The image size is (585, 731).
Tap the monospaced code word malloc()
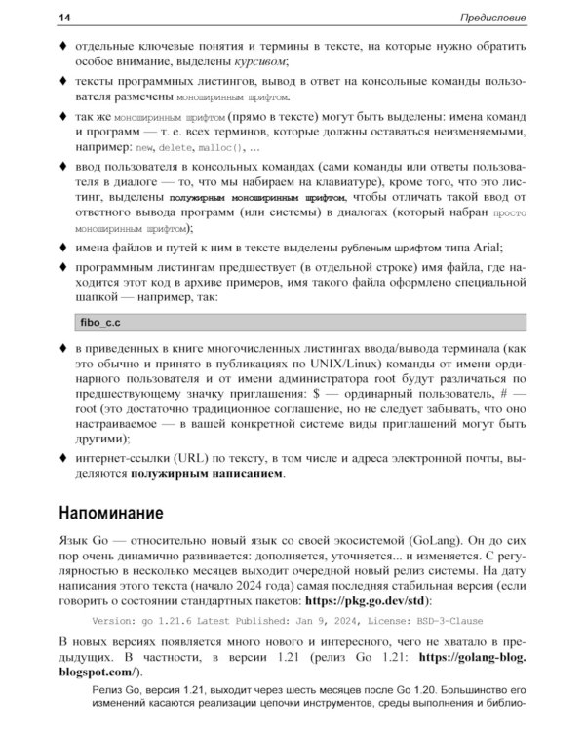tap(220, 148)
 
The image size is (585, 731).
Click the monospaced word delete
tap(175, 148)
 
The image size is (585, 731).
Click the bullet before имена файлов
tap(63, 248)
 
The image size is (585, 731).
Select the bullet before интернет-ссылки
tap(63, 458)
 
